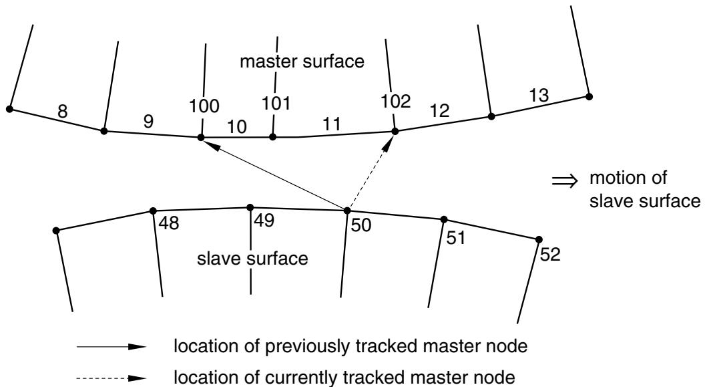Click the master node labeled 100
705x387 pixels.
point(201,138)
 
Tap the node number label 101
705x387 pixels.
point(276,103)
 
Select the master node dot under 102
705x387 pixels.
point(395,132)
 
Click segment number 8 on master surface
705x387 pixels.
point(63,111)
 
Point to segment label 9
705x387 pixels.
point(148,122)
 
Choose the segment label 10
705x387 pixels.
point(236,127)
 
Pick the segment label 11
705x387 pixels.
point(332,124)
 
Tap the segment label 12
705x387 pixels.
point(440,110)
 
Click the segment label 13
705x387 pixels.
point(539,95)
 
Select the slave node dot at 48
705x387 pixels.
point(153,211)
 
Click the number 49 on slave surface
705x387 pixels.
point(264,221)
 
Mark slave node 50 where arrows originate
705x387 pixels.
point(347,211)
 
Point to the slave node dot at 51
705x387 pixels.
point(444,220)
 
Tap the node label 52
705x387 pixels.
point(550,255)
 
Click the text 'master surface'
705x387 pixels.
point(302,61)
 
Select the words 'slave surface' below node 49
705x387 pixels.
point(252,259)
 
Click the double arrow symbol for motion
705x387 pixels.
point(564,181)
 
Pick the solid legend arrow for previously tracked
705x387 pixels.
point(111,347)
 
